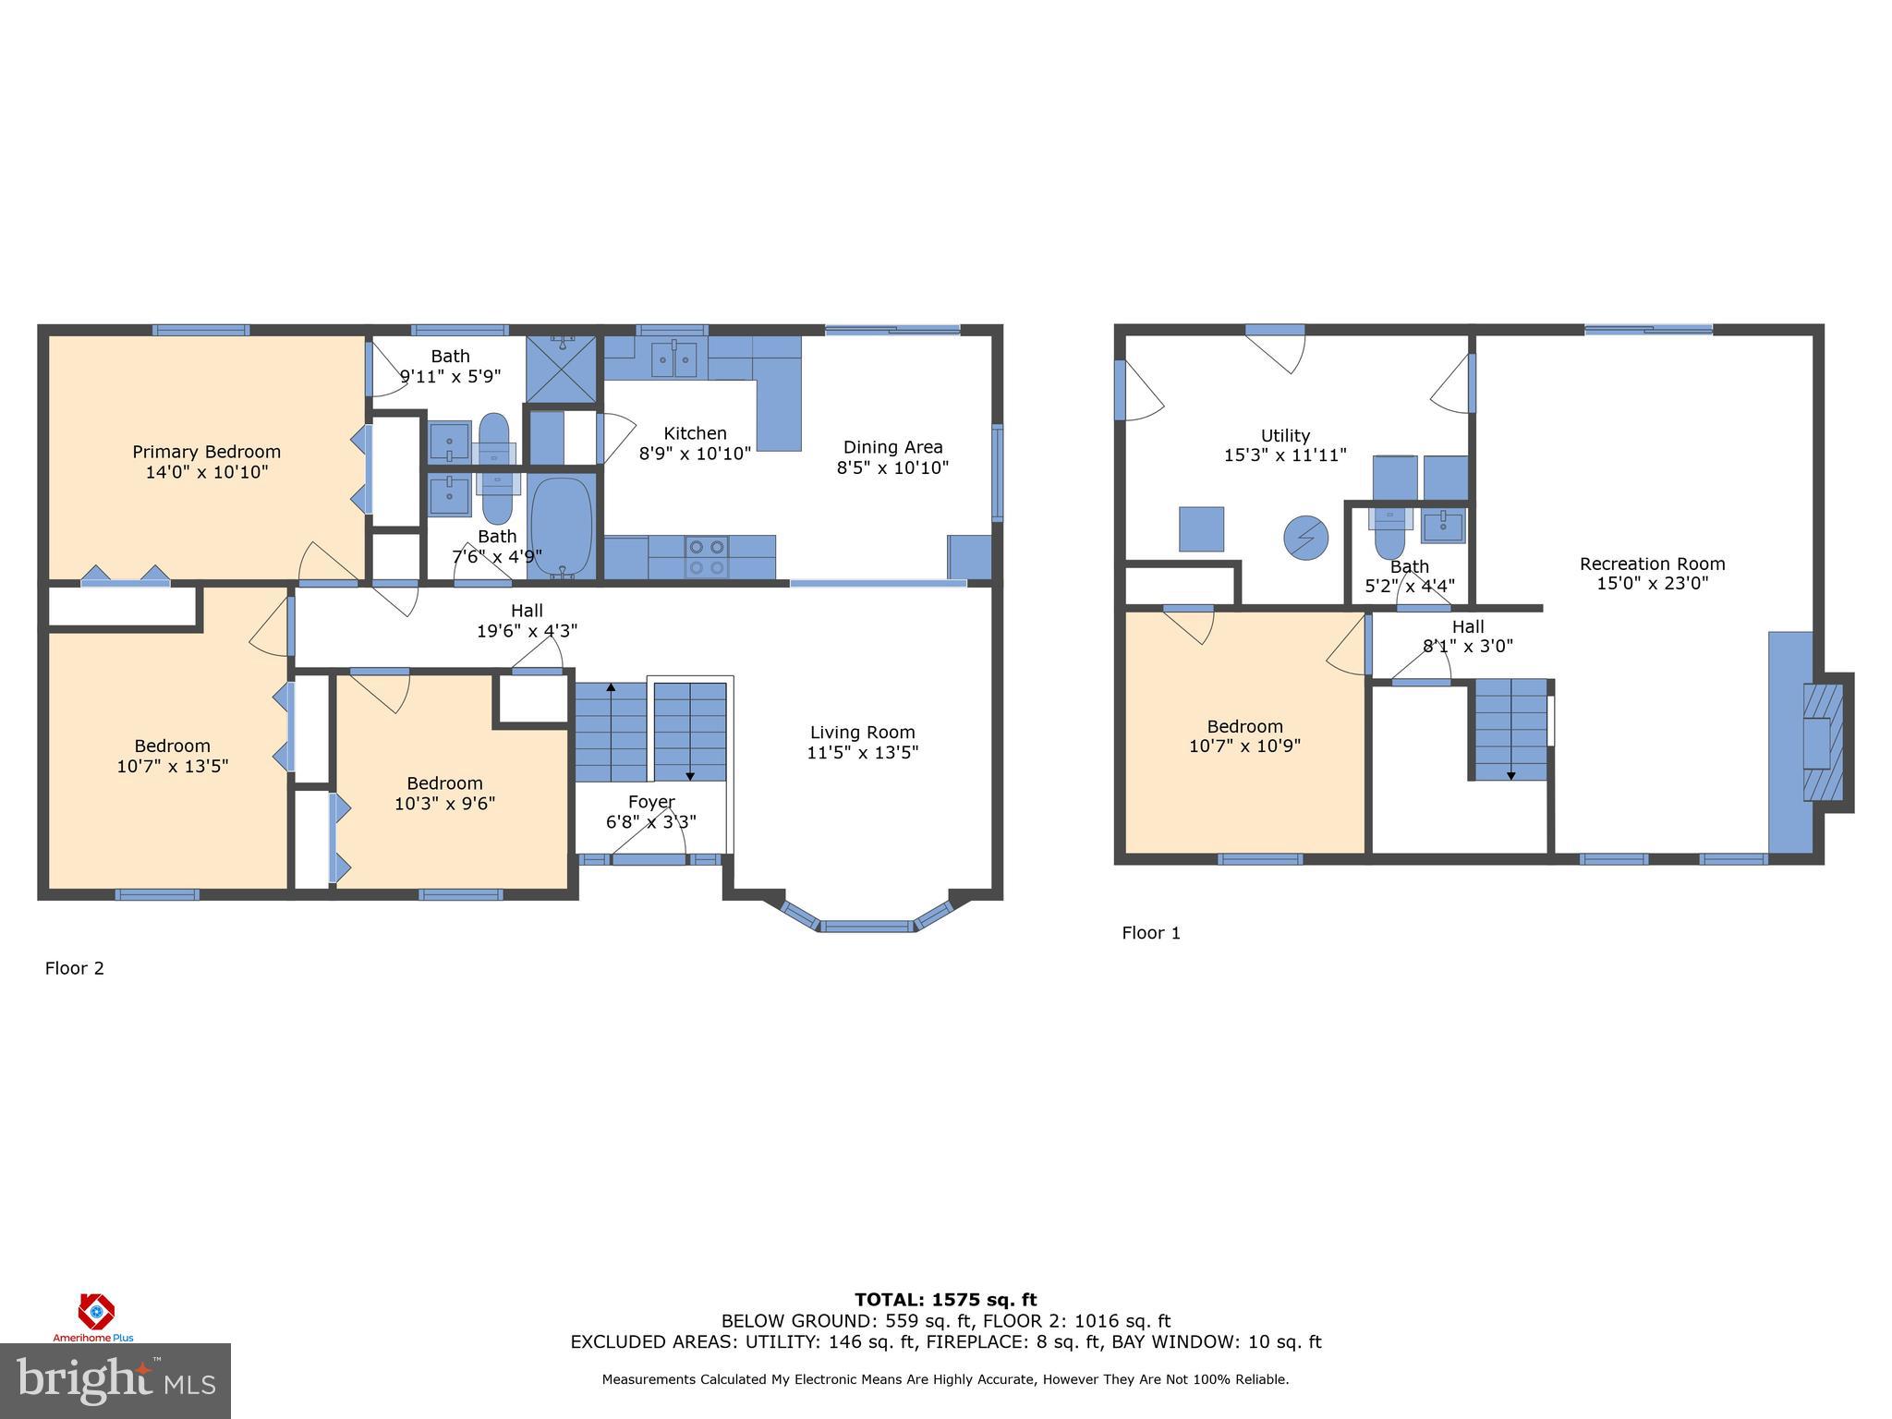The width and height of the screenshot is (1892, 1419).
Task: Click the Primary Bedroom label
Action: tap(206, 452)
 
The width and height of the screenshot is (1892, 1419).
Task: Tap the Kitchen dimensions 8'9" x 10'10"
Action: tap(695, 454)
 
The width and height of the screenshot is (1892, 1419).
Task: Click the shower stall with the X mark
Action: tap(562, 370)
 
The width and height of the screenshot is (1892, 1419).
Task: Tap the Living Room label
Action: tap(862, 733)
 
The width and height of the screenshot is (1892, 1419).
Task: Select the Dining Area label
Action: tap(892, 447)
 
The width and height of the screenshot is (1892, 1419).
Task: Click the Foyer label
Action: tap(651, 802)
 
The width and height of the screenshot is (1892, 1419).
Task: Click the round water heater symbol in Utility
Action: tap(1305, 538)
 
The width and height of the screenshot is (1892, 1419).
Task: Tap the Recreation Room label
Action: tap(1652, 564)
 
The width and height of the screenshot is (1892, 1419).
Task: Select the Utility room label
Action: tap(1285, 436)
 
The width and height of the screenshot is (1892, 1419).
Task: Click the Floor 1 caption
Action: tap(1150, 933)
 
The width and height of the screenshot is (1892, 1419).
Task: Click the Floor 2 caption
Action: tap(75, 968)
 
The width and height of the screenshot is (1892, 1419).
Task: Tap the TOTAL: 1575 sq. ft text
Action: tap(945, 1300)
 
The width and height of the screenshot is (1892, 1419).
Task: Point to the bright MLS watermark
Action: tap(115, 1380)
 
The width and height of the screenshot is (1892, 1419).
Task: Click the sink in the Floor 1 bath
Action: tap(1442, 527)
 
